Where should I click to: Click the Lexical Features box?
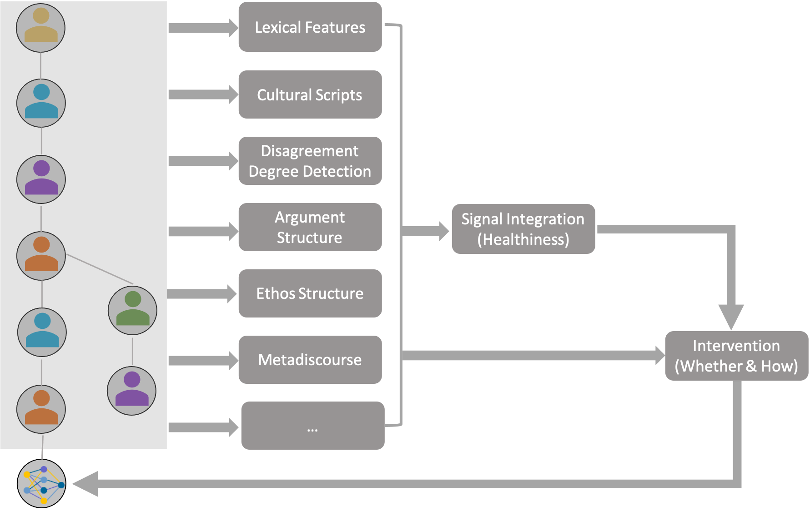pos(310,27)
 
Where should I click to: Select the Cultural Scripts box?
pos(310,94)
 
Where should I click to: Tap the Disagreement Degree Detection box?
pos(310,161)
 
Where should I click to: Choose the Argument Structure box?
pos(310,227)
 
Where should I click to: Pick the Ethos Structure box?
pos(310,293)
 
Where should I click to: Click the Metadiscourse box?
pos(310,360)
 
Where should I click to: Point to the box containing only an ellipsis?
pos(312,426)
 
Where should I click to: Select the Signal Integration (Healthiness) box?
pos(523,229)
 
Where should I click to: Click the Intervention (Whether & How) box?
pos(736,356)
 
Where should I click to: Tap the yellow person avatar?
pos(41,28)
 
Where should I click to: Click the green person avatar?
pos(132,310)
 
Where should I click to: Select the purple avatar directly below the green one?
pos(132,391)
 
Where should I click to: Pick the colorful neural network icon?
pos(43,485)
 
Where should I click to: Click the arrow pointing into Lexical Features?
pos(202,28)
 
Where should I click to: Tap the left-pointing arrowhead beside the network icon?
pos(86,484)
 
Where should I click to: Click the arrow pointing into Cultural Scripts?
pos(202,94)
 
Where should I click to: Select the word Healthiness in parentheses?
pos(523,239)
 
